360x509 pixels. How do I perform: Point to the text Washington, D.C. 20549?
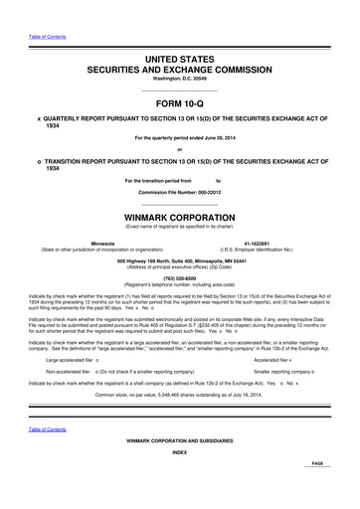(180, 65)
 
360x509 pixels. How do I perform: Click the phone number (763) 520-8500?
(180, 277)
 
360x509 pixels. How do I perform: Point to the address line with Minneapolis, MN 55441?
(180, 260)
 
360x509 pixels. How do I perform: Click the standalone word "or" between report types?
(180, 151)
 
